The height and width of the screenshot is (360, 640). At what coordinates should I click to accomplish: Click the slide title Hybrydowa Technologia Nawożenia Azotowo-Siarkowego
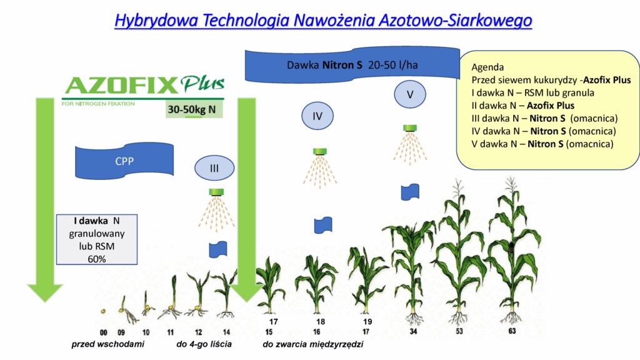click(x=323, y=20)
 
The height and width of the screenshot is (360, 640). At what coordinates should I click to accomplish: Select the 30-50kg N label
click(x=192, y=109)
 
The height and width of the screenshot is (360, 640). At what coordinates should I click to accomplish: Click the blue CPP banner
click(x=124, y=161)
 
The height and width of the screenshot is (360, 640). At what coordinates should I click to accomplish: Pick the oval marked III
click(x=214, y=167)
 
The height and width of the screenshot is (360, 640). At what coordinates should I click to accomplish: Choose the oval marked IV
click(x=317, y=116)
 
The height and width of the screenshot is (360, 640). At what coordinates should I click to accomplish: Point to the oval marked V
click(x=410, y=94)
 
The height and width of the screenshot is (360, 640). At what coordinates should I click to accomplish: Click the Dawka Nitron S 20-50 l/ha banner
click(x=352, y=64)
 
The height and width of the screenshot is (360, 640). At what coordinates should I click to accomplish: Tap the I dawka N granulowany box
click(x=97, y=239)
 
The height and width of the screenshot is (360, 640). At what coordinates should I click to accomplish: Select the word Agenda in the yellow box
click(x=487, y=67)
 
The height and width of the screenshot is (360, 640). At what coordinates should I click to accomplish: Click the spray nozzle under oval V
click(x=410, y=128)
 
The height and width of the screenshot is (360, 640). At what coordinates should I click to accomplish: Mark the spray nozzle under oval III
click(x=216, y=192)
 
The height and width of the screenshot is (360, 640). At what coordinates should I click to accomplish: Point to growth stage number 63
click(x=512, y=331)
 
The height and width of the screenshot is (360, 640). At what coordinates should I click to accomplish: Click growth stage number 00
click(x=104, y=332)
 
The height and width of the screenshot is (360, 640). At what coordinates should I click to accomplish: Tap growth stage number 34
click(x=413, y=331)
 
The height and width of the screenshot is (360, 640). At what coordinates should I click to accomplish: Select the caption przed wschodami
click(x=107, y=344)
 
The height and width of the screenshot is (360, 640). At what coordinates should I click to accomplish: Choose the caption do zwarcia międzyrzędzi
click(x=313, y=344)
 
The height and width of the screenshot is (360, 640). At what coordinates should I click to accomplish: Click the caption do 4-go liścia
click(x=204, y=344)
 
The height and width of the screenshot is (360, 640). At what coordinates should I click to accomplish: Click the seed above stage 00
click(x=103, y=311)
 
